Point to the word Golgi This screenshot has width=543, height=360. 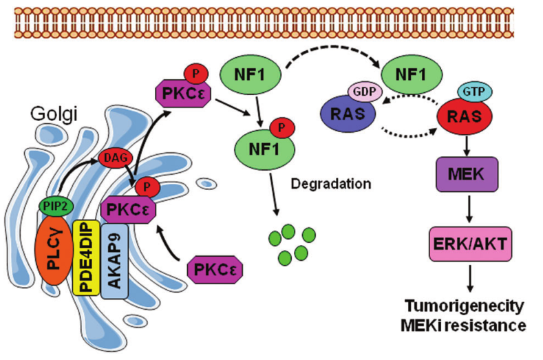[50, 109]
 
